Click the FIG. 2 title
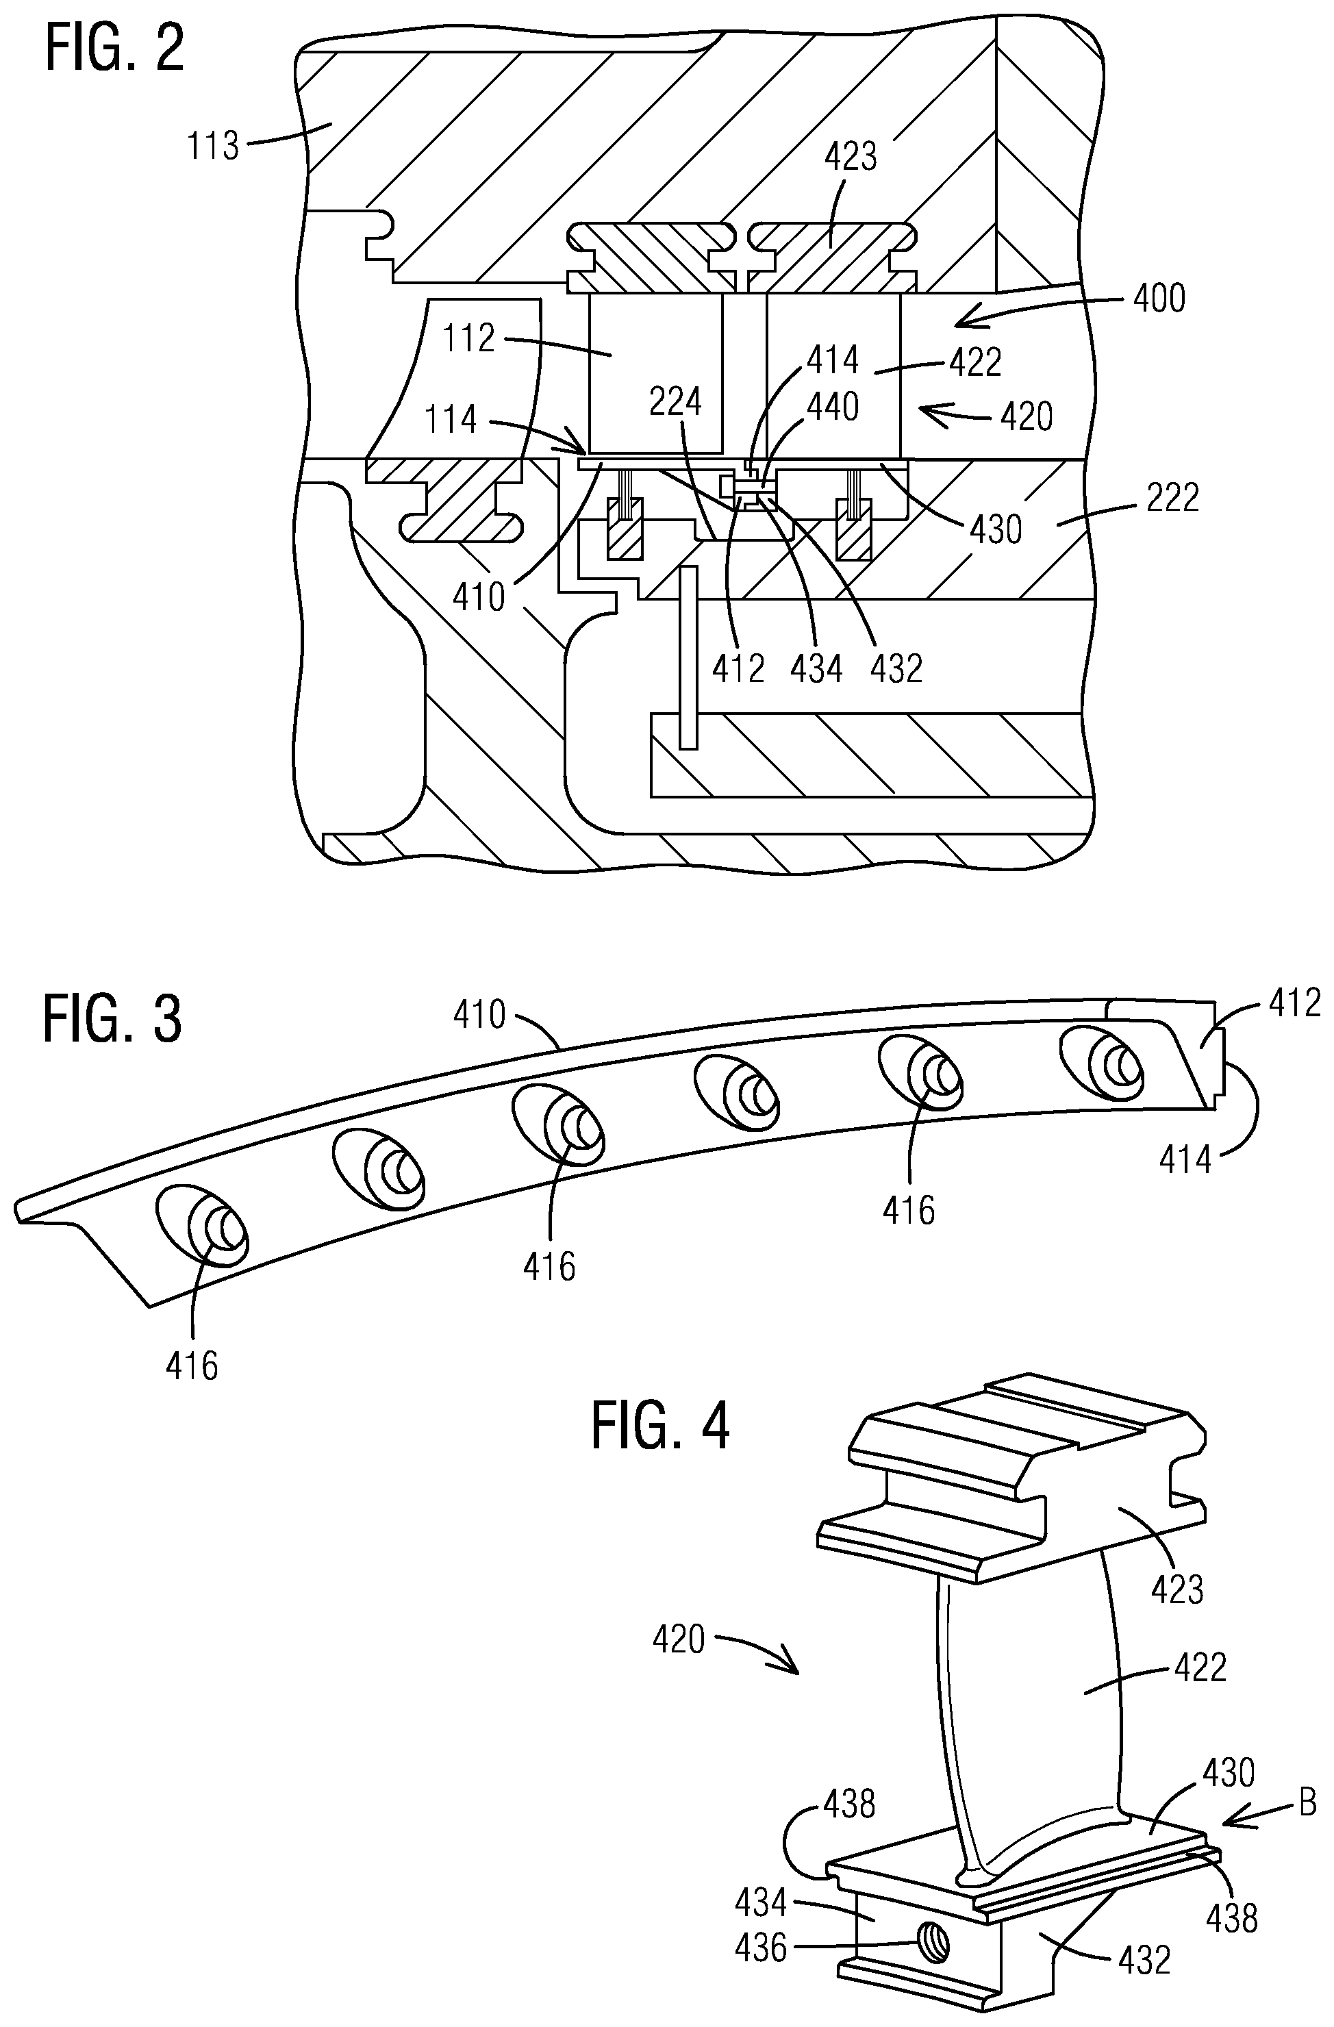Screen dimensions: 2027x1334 click(114, 49)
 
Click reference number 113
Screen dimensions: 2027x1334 click(213, 146)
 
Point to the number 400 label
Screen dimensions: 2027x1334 click(1160, 299)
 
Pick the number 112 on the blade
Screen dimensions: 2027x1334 click(468, 339)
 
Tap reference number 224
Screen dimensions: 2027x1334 click(675, 402)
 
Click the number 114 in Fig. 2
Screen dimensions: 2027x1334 click(451, 420)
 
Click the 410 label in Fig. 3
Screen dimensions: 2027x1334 click(479, 1015)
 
